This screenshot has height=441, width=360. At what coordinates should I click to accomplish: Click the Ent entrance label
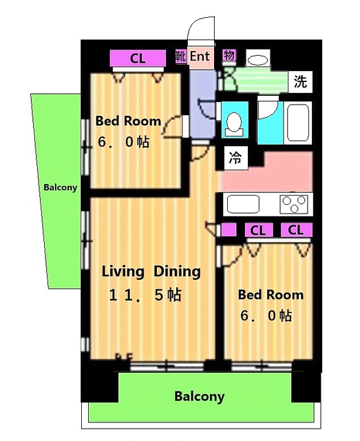200,57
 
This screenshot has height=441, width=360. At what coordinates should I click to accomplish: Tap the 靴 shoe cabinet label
181,57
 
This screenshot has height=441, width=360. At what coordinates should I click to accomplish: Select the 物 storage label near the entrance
229,55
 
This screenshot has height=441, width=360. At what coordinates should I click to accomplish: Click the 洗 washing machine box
300,82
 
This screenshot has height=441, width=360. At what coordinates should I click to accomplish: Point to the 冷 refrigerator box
235,158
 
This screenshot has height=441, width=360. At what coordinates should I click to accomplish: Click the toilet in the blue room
234,124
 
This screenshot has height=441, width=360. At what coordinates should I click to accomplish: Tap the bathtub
298,123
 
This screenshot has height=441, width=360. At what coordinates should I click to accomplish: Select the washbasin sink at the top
257,60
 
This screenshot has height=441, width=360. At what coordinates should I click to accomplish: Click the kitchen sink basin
243,204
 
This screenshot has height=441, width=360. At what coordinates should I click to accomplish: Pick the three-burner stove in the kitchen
294,204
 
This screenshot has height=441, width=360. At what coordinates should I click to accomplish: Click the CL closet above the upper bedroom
138,59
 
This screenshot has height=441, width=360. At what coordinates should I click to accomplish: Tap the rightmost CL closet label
297,230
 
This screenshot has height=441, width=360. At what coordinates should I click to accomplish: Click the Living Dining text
151,271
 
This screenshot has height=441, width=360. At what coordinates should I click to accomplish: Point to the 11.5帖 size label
145,295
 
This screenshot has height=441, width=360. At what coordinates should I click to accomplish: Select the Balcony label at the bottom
200,396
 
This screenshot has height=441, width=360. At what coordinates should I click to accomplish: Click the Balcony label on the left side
60,187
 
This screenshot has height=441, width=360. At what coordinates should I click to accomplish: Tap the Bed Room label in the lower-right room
271,295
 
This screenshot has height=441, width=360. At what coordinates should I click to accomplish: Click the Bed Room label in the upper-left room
128,121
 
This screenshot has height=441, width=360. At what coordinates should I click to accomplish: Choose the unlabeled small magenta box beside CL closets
229,230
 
